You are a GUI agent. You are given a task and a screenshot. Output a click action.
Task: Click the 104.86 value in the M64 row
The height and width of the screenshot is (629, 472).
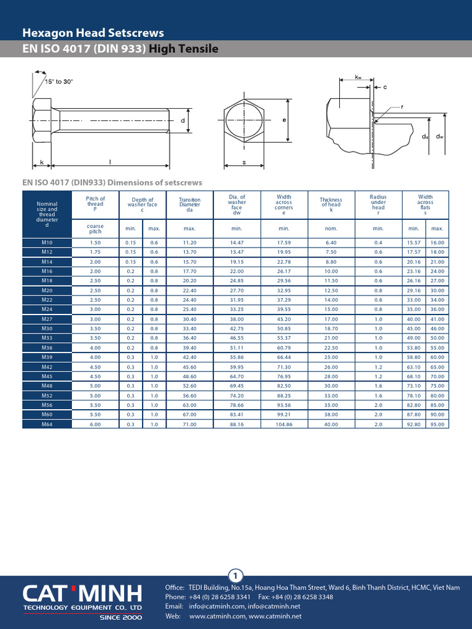click(283, 424)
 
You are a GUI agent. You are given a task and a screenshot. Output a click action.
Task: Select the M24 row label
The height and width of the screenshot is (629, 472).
click(47, 309)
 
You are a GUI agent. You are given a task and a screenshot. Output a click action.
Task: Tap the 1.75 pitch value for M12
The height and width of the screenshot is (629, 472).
click(95, 252)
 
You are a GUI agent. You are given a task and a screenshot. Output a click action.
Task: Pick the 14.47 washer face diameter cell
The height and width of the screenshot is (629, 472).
click(237, 243)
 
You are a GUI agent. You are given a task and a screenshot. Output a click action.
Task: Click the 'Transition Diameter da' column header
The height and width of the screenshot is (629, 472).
click(189, 205)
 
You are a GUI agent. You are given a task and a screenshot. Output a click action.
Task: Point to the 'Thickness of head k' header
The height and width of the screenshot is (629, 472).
click(331, 205)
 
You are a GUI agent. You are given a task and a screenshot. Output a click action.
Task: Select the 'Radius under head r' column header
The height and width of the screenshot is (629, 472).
click(378, 205)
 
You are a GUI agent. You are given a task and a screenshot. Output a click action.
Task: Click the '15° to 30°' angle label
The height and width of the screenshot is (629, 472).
click(58, 82)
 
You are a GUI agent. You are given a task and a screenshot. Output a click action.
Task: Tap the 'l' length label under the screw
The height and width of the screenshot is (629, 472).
click(111, 162)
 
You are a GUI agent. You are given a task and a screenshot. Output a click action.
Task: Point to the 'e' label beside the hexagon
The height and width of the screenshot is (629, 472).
click(285, 120)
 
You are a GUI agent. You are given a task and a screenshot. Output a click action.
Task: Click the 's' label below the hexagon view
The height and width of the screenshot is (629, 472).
click(244, 163)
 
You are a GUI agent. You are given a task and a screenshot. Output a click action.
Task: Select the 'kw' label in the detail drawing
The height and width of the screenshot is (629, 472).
click(358, 77)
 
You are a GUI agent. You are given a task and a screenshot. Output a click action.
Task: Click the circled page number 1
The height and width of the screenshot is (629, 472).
click(236, 576)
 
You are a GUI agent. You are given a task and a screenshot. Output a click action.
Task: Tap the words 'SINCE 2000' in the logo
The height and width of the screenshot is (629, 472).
click(121, 617)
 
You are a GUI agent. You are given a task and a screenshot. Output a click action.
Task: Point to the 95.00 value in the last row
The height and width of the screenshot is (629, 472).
click(437, 424)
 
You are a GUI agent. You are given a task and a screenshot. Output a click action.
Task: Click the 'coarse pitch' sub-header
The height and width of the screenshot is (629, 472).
click(95, 229)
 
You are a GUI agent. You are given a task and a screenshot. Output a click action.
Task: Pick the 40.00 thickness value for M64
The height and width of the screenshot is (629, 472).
click(331, 424)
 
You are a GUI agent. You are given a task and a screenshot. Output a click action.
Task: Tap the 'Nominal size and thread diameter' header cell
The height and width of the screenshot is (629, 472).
click(47, 214)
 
